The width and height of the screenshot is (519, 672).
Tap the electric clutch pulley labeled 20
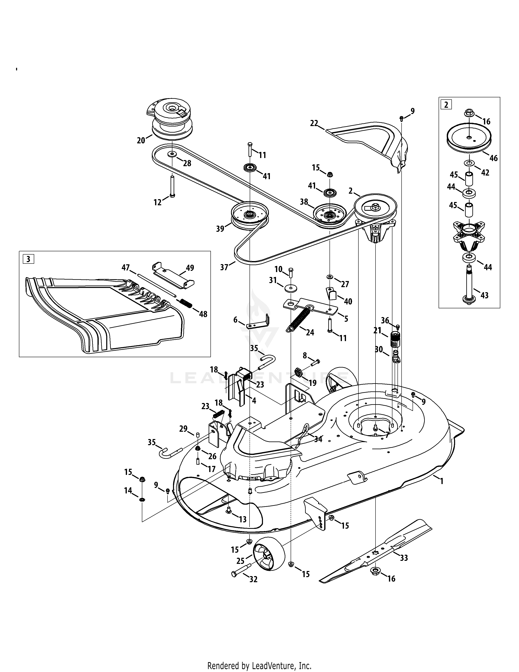[171, 120]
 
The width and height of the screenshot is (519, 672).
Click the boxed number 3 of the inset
[28, 259]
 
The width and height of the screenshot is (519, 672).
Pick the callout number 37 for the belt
[224, 267]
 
